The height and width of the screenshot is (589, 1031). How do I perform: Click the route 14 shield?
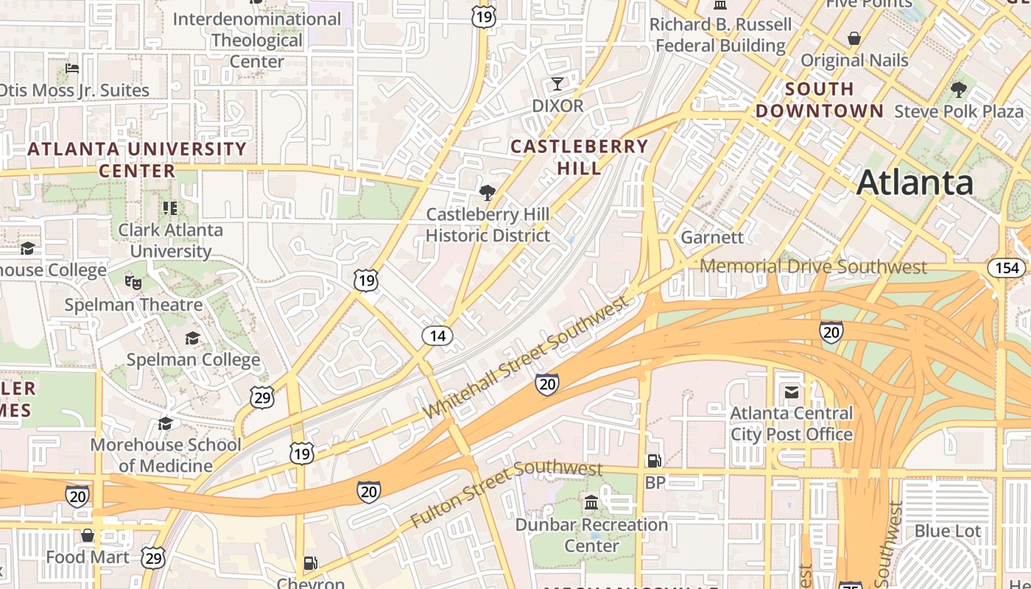tap(437, 336)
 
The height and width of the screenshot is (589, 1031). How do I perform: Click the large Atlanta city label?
tap(915, 182)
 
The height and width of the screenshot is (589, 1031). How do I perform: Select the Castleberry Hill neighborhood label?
tap(579, 157)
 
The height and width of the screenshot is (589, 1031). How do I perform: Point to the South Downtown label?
tap(819, 100)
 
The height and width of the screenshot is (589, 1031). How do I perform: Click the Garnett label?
tap(711, 237)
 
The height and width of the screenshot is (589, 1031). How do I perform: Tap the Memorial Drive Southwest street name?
tap(813, 267)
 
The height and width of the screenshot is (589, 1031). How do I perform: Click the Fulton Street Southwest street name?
tap(507, 493)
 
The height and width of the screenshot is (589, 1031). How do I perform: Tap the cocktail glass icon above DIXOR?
tap(557, 83)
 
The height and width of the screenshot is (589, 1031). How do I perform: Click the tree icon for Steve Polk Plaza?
tap(958, 90)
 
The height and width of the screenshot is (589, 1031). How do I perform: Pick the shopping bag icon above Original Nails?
tap(854, 38)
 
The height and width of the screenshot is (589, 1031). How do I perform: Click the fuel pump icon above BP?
tap(653, 461)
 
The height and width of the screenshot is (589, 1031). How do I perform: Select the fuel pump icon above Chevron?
tap(311, 563)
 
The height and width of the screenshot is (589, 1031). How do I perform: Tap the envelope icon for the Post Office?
tap(791, 392)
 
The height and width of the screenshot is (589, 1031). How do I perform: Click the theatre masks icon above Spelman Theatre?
tap(133, 283)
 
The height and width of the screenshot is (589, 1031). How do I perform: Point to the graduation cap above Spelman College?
tap(192, 338)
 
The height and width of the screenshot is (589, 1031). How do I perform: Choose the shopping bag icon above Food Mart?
tap(87, 535)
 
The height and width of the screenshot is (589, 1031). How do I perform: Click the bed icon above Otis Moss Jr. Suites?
tap(72, 68)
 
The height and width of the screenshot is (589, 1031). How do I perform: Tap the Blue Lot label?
tap(947, 531)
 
